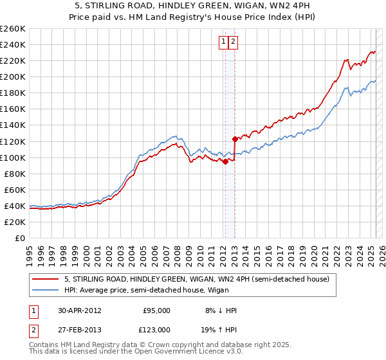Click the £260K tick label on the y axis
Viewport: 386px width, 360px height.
pos(13,29)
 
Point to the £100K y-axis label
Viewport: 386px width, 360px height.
pos(13,157)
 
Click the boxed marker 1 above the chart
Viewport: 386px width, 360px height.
pos(224,42)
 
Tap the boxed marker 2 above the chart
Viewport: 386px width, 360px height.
pos(233,42)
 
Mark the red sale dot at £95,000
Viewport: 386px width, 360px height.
pos(226,162)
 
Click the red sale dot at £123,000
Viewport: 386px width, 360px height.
pos(235,139)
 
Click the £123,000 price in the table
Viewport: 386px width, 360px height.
pos(156,329)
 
